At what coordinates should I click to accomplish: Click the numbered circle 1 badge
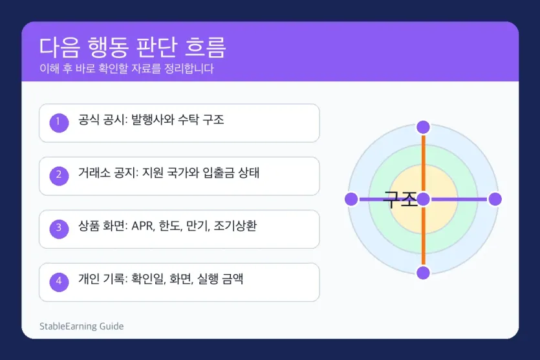(59, 122)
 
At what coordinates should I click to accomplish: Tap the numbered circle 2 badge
(59, 175)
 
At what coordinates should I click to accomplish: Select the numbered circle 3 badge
(59, 228)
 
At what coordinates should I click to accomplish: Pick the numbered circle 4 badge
(59, 281)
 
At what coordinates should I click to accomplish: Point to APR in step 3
(143, 226)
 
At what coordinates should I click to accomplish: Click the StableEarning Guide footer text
(81, 326)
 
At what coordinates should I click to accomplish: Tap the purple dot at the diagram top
(423, 127)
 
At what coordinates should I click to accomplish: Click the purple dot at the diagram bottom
(423, 273)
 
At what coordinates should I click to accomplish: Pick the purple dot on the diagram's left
(351, 199)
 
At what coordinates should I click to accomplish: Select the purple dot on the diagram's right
(495, 199)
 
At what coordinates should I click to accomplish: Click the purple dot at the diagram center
(423, 199)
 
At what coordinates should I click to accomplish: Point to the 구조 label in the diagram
(400, 199)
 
